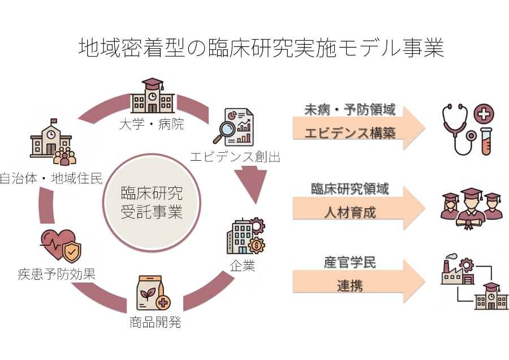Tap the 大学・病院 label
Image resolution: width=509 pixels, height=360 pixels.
coord(152,123)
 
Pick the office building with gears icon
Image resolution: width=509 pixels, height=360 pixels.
coord(245,236)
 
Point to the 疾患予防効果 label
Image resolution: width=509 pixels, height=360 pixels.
coord(56,275)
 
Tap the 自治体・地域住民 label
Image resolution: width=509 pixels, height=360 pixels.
coord(51,179)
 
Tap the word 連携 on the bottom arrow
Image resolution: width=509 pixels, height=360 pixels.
coord(350,285)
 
